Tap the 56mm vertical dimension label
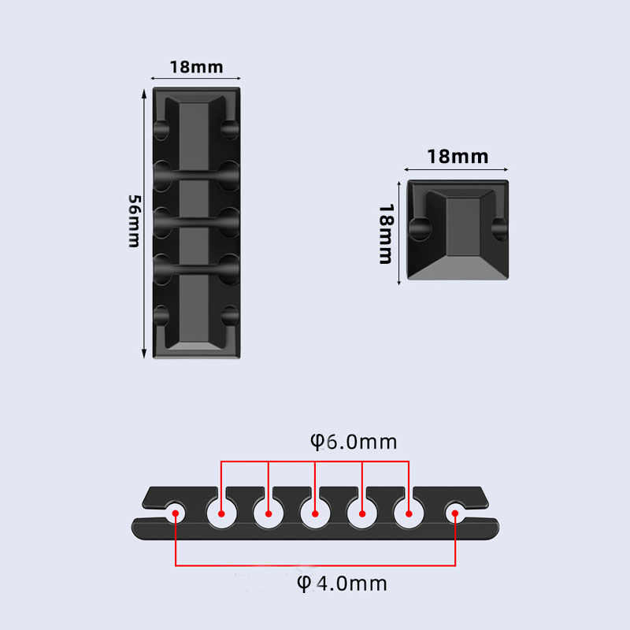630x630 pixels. pos(134,222)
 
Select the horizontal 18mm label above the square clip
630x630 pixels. pos(458,156)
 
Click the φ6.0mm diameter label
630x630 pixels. pos(354,441)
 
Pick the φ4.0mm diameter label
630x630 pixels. pos(342,584)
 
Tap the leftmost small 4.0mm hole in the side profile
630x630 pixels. pos(176,514)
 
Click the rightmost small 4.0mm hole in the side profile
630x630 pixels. pos(455,514)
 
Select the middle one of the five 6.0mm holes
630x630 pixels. pos(315,514)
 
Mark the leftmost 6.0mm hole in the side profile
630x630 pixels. pos(221,514)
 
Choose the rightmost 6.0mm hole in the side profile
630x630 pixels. pos(409,514)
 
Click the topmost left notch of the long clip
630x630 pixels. pos(161,128)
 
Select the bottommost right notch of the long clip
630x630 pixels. pos(230,316)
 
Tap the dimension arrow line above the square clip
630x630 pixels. pos(458,169)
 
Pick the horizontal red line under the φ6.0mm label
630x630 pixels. pos(315,461)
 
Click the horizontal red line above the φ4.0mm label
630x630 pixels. pos(315,565)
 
